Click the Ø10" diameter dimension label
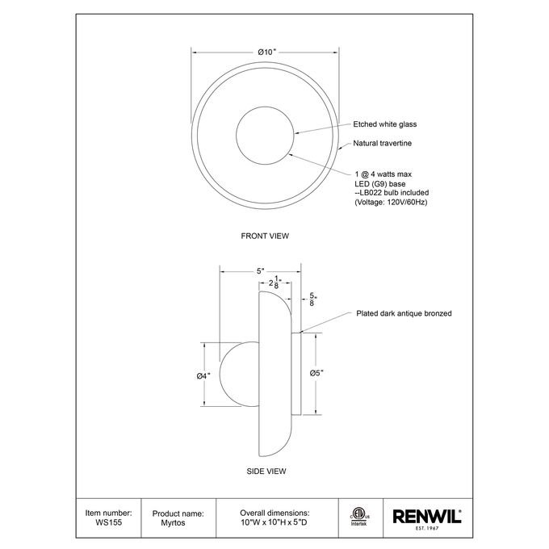(267, 52)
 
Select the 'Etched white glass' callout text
(385, 124)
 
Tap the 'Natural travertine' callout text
(383, 143)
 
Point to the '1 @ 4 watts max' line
(383, 174)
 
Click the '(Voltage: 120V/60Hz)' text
(391, 202)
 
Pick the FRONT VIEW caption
(265, 236)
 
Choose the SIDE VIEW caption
(266, 471)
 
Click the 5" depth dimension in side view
(261, 271)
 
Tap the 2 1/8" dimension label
(274, 283)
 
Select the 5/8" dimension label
(312, 299)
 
